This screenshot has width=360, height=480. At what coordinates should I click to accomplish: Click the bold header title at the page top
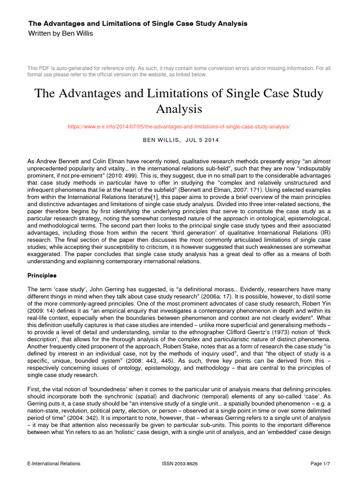(x=138, y=23)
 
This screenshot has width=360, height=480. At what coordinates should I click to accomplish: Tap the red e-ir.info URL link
(x=179, y=127)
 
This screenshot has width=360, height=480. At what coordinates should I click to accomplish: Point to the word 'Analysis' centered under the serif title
(x=180, y=109)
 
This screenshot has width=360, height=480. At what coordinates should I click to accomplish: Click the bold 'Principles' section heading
(x=43, y=275)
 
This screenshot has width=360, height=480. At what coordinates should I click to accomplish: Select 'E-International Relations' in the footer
(x=54, y=464)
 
